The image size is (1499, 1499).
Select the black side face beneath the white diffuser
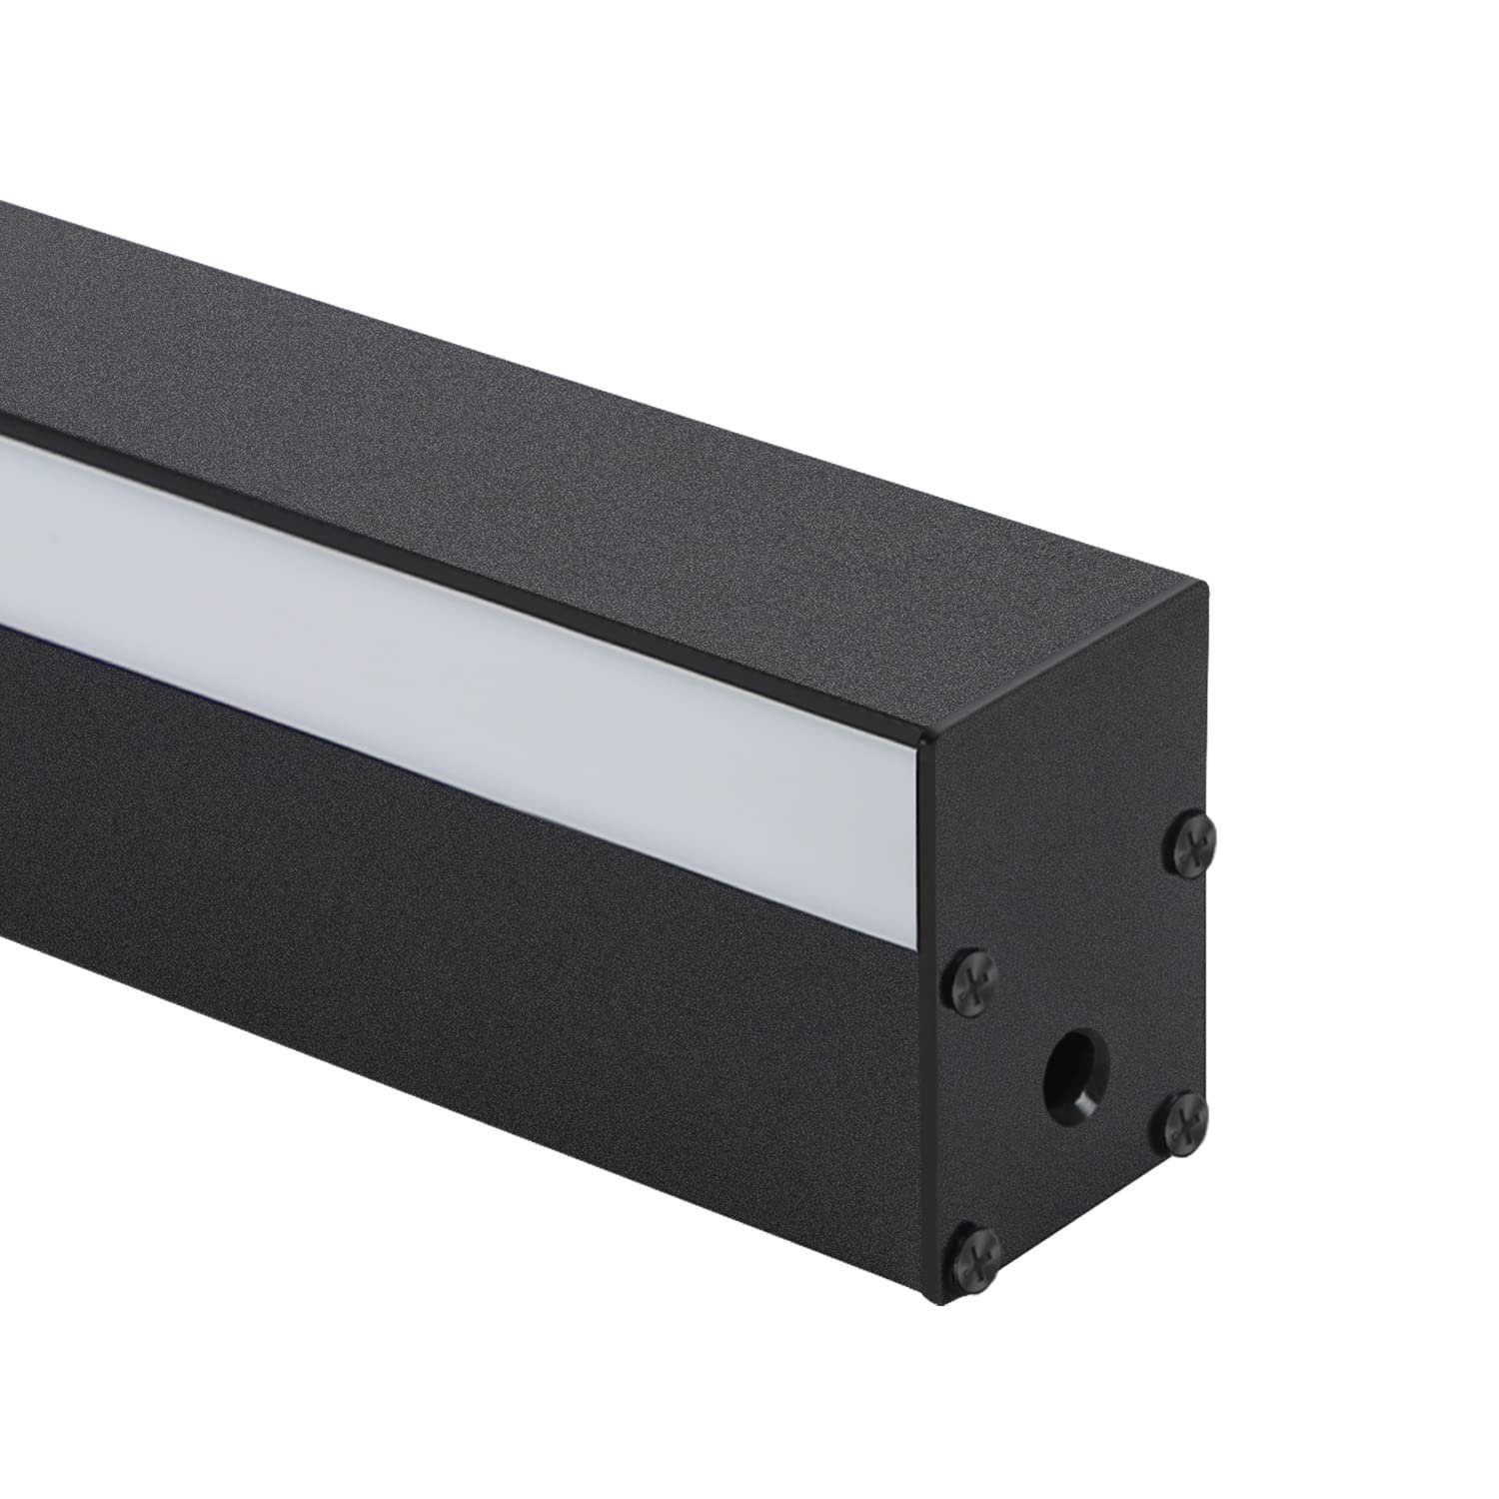500,899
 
